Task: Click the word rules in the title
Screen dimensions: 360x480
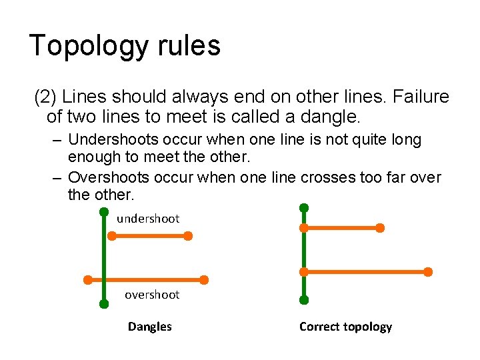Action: point(195,45)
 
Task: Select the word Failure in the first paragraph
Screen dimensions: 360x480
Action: point(421,97)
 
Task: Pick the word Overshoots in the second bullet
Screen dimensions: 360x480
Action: point(105,177)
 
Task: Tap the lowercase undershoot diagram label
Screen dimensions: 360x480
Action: point(148,219)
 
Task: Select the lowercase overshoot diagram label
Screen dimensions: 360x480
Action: point(152,295)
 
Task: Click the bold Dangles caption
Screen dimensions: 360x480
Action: point(150,327)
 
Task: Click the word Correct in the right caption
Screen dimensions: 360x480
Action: point(320,327)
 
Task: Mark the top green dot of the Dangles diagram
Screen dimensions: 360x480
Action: point(104,212)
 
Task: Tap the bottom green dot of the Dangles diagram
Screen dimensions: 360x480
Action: point(104,304)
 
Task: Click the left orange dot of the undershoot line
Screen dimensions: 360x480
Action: point(112,236)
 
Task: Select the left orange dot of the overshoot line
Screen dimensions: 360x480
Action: point(87,280)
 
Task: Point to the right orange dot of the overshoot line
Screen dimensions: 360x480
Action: point(204,280)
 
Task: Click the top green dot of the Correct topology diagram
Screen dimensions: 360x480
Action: point(304,207)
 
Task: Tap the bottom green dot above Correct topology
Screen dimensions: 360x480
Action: point(304,301)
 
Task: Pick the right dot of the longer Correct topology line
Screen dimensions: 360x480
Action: point(428,272)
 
